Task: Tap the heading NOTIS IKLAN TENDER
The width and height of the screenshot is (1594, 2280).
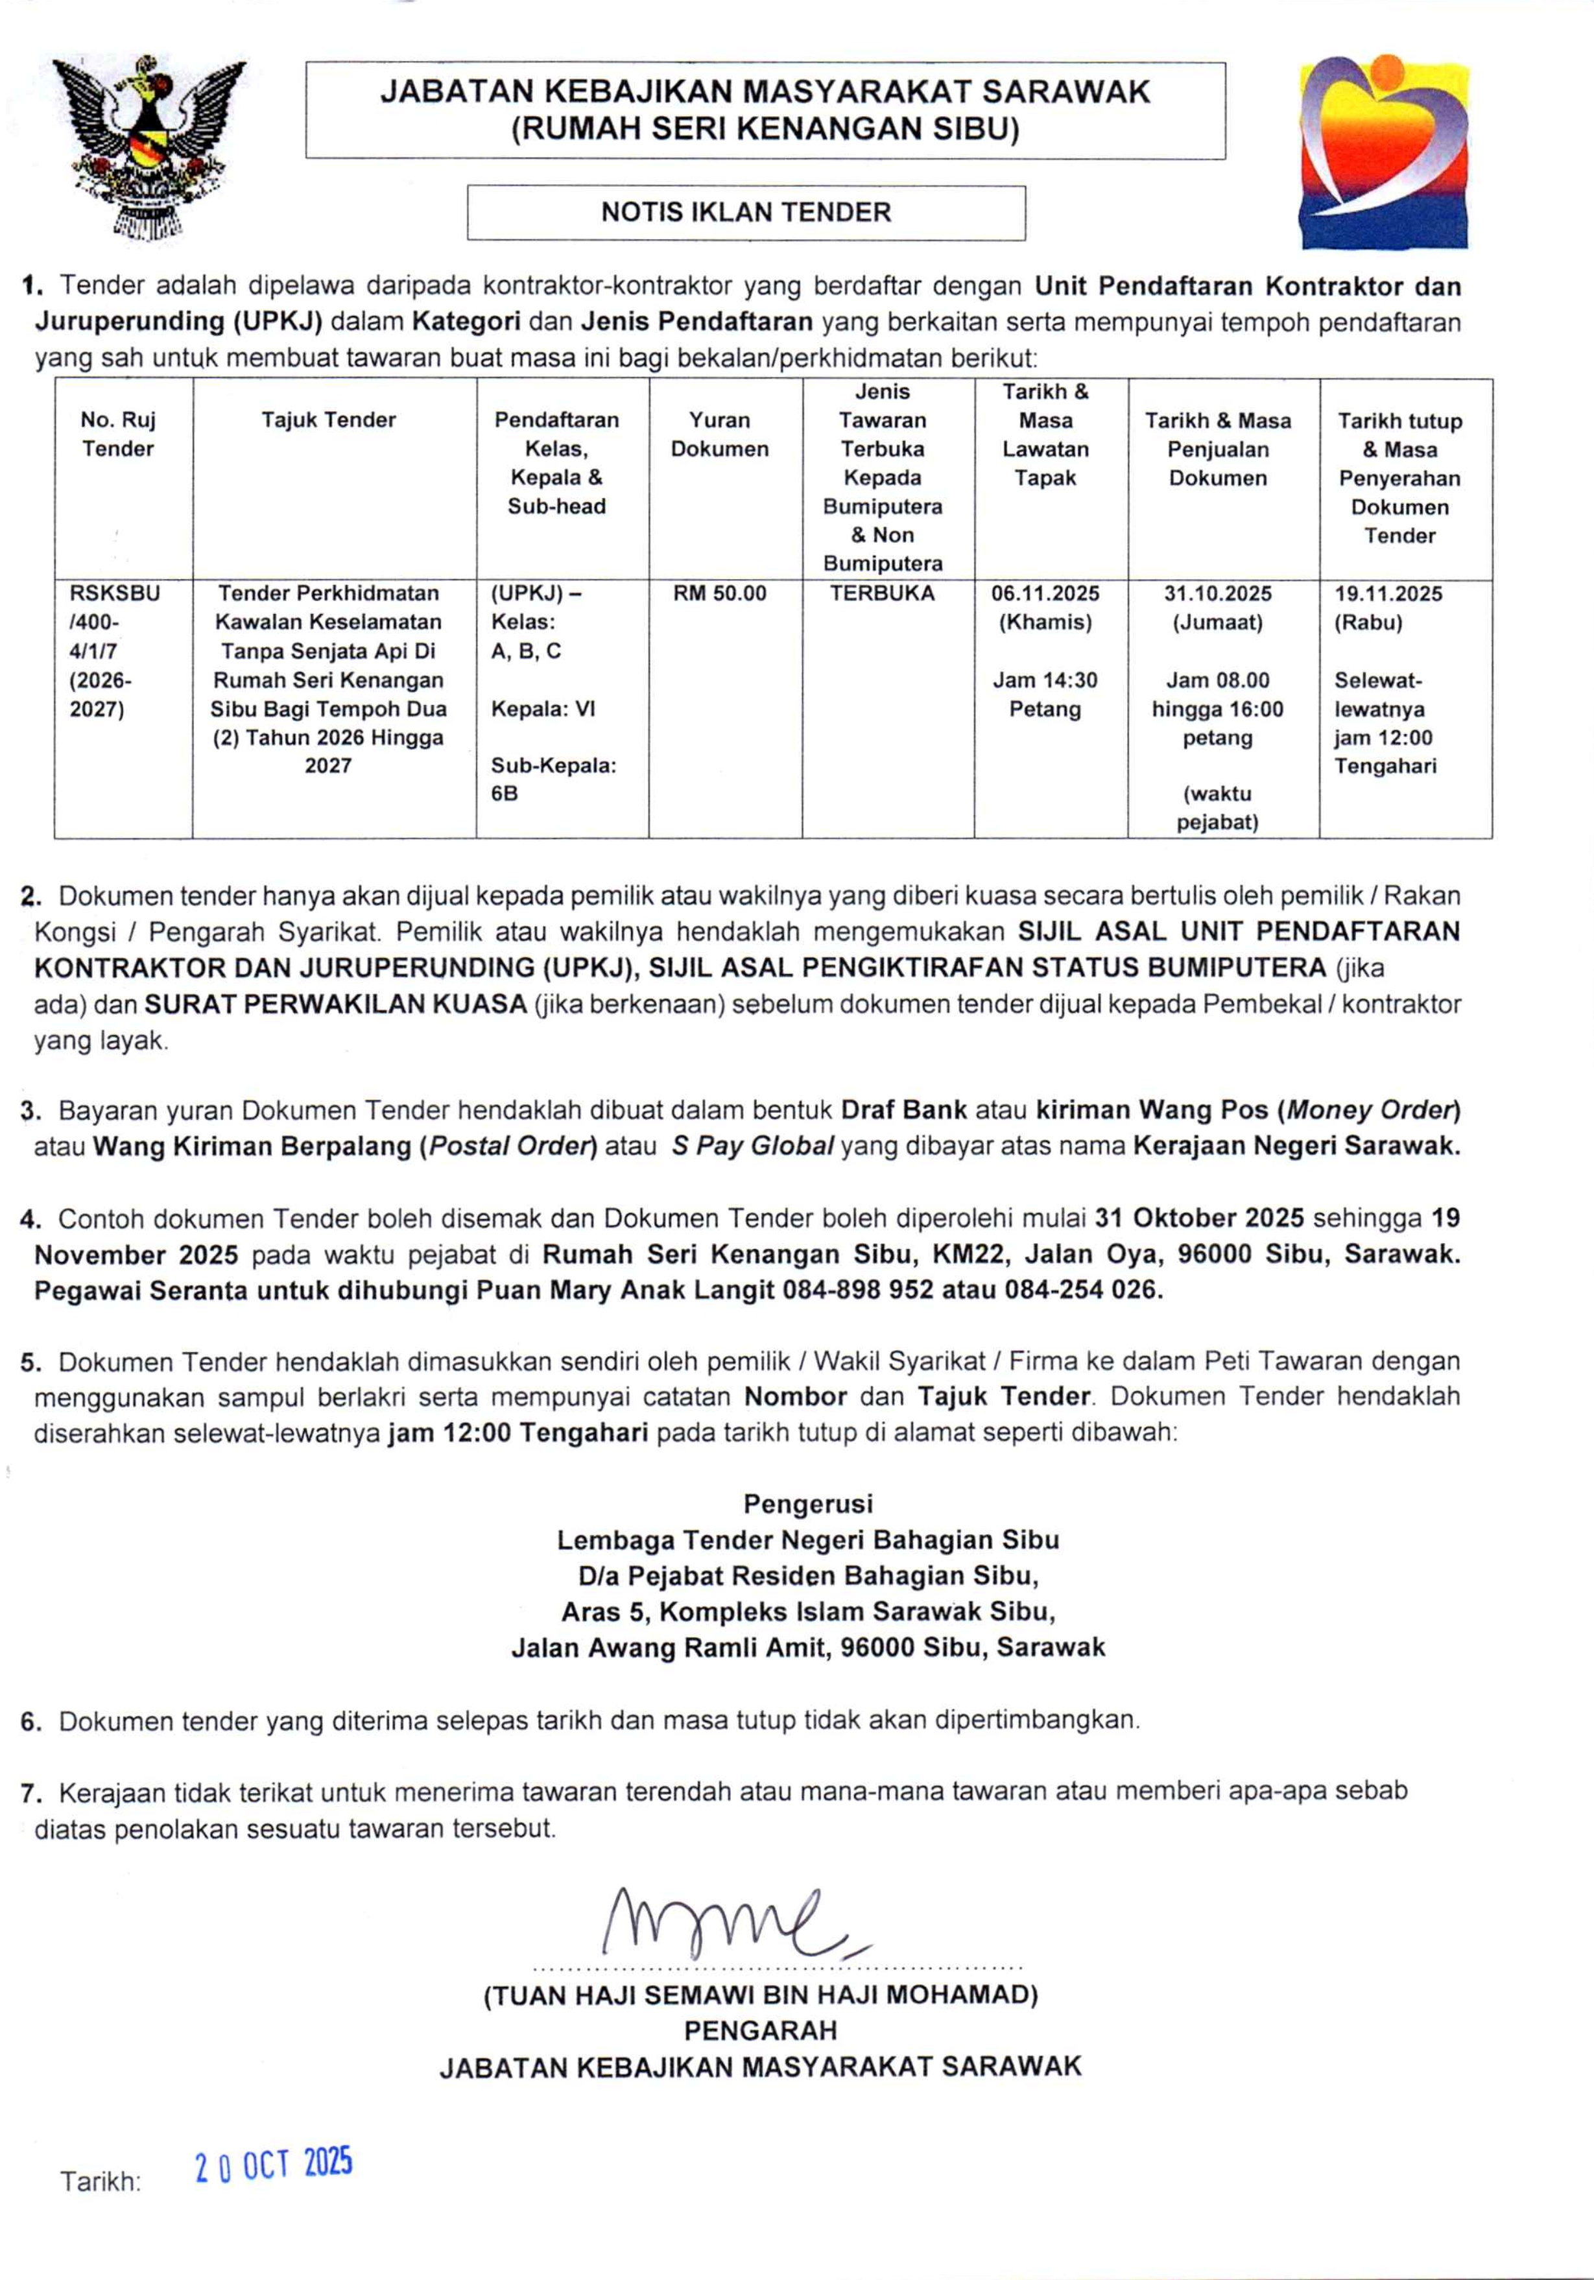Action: click(x=746, y=213)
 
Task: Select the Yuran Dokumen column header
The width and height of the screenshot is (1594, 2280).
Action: click(x=719, y=435)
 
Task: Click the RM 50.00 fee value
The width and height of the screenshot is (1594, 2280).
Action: click(x=719, y=594)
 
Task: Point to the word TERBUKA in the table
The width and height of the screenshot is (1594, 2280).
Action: click(x=882, y=594)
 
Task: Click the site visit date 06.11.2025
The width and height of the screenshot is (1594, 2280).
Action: click(x=1045, y=594)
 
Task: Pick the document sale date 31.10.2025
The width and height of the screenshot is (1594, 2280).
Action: click(x=1218, y=594)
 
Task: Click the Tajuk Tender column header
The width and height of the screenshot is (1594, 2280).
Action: click(x=329, y=420)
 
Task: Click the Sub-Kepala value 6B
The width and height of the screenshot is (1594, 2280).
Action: click(x=505, y=794)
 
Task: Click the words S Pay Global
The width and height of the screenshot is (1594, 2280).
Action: click(x=752, y=1146)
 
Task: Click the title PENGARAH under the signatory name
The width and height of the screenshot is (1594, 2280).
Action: click(x=760, y=2031)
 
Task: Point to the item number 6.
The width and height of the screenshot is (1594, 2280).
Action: click(x=30, y=1721)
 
